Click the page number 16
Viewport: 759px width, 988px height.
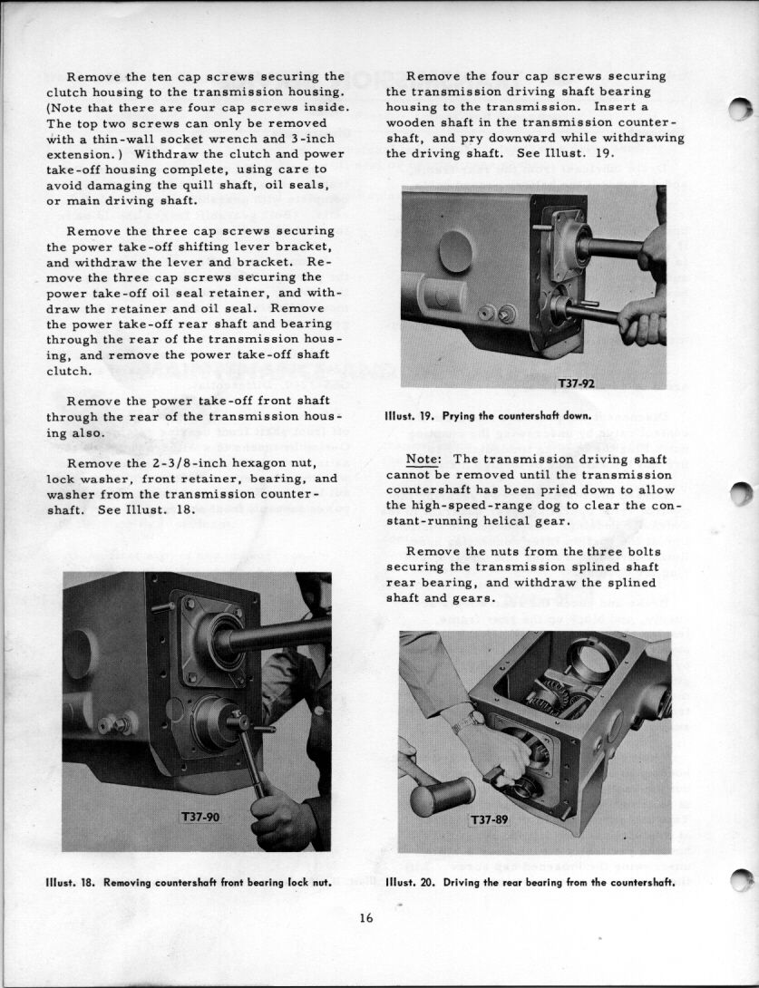pyautogui.click(x=366, y=918)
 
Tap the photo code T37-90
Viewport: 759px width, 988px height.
pyautogui.click(x=200, y=817)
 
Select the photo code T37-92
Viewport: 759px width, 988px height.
pyautogui.click(x=576, y=383)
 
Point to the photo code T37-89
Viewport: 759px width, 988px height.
pyautogui.click(x=489, y=819)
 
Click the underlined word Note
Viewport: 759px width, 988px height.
pyautogui.click(x=423, y=460)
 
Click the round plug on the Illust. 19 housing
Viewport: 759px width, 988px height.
pyautogui.click(x=455, y=251)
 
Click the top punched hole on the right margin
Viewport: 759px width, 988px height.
pyautogui.click(x=740, y=109)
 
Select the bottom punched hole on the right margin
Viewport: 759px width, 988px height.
pyautogui.click(x=742, y=879)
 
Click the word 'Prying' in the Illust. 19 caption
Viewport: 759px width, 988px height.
pyautogui.click(x=459, y=416)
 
